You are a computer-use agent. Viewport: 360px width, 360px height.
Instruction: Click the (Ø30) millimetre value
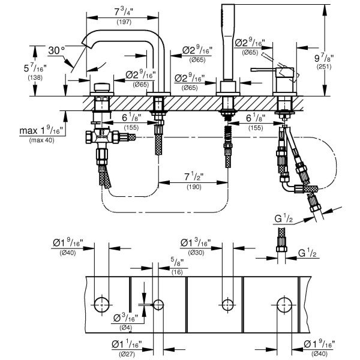[x=196, y=253]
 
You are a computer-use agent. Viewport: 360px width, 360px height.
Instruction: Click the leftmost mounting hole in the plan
[x=103, y=304]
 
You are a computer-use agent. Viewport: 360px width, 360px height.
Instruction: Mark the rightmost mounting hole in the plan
[x=283, y=304]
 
